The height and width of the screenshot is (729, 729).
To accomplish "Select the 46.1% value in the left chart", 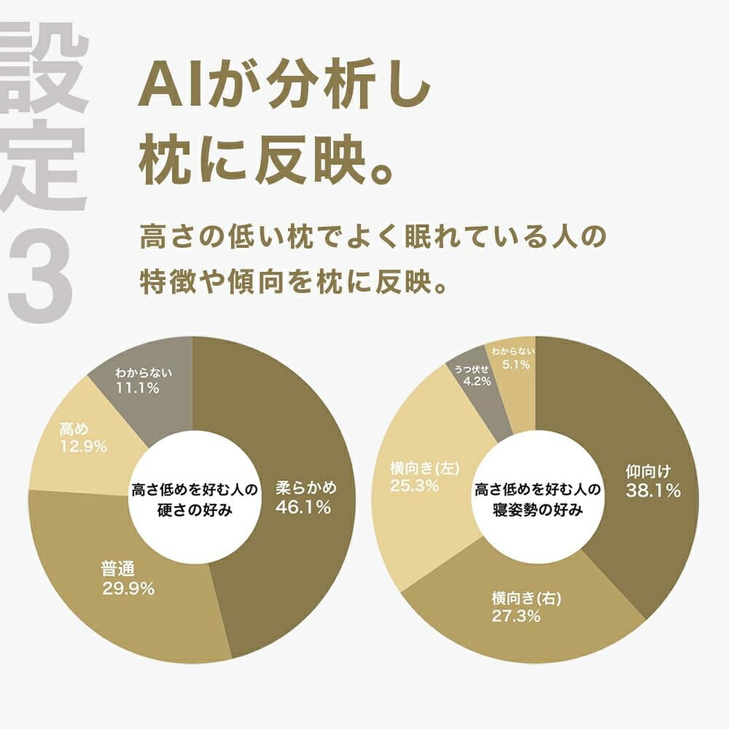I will pos(303,507).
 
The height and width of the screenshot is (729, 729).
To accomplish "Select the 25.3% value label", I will pos(414,486).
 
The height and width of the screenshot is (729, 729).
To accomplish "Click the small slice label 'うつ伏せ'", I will pos(472,368).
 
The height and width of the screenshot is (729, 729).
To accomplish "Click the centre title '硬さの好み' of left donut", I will pos(195,510).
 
